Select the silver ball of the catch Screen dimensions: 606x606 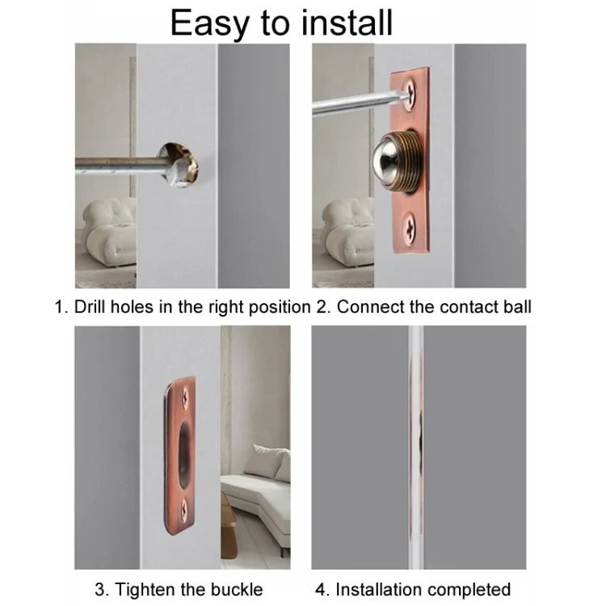[393, 161]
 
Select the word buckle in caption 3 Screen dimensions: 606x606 [240, 589]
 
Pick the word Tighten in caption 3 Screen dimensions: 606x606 [142, 589]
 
